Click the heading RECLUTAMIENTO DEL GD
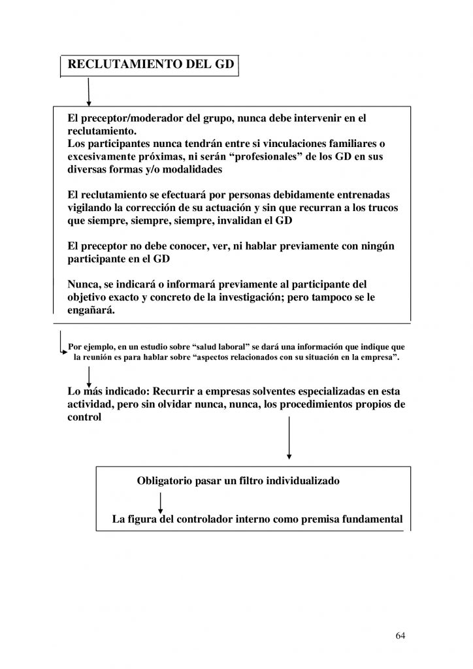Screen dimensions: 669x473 (x=148, y=65)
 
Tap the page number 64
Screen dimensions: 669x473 (x=400, y=635)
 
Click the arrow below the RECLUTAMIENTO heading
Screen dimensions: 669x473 (x=89, y=91)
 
